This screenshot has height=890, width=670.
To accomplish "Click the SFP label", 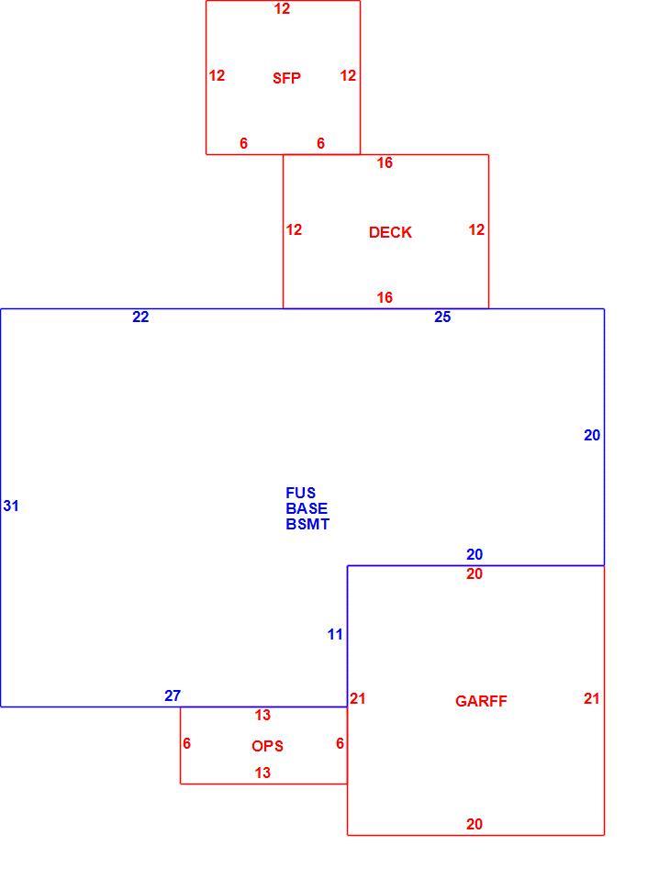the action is (286, 78).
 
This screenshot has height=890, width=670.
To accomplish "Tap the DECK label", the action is (390, 232).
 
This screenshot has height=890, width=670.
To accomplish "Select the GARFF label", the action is (481, 701).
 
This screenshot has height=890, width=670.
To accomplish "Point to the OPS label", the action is (267, 746).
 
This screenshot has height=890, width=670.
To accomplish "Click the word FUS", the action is (300, 493).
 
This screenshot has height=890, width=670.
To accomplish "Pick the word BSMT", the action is (307, 524).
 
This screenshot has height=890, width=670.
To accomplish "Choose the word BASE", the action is (307, 508).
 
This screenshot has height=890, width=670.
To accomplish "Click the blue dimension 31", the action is (11, 506).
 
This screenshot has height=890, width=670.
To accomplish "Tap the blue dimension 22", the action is (140, 317).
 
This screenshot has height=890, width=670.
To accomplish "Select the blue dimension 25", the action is (442, 317).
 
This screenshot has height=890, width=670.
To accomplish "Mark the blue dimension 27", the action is (173, 695).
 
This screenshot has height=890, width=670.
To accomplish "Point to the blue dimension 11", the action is (335, 635).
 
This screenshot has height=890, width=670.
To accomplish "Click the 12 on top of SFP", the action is (282, 8).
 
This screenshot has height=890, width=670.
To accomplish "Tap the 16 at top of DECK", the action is (385, 163).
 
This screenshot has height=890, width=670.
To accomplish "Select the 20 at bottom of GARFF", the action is (475, 824).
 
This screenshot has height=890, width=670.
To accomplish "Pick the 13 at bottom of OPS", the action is (262, 773).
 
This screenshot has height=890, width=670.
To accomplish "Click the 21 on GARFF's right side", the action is (592, 699).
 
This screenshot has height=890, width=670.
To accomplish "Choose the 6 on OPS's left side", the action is (187, 743).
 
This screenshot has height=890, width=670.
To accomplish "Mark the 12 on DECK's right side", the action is (476, 229).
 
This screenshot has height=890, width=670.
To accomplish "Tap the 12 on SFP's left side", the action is (217, 75).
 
